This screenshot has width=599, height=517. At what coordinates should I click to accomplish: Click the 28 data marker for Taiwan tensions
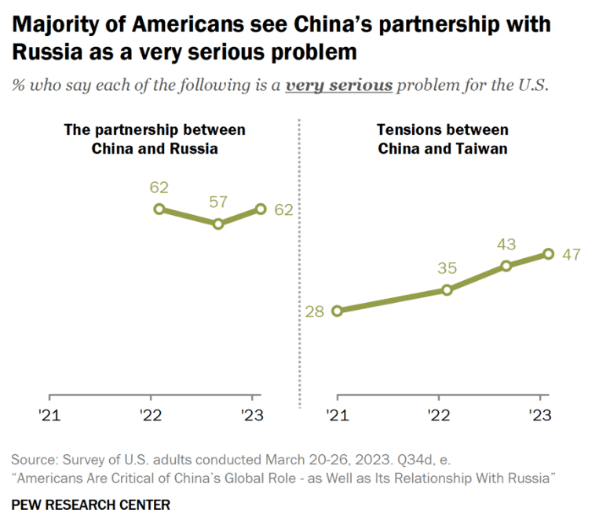pos(337,311)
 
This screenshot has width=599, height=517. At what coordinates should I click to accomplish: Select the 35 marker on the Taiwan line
pos(447,289)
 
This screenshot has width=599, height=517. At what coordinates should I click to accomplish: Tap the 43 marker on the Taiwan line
pos(506,265)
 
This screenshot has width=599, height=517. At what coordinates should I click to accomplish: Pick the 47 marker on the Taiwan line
pos(548,253)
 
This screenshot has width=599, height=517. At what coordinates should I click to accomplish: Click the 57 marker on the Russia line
pos(218,224)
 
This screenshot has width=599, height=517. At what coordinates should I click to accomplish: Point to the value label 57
pos(218,202)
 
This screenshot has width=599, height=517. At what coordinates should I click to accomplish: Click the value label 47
pos(570,254)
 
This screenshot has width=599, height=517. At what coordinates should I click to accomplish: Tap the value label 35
pos(446,268)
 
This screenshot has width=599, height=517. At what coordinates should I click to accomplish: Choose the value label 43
pos(506,244)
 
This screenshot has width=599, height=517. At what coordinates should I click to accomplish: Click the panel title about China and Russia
pos(154,139)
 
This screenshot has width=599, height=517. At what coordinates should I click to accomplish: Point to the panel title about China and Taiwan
pos(442,139)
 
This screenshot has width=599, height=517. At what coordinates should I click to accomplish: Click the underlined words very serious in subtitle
pos(338,86)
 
